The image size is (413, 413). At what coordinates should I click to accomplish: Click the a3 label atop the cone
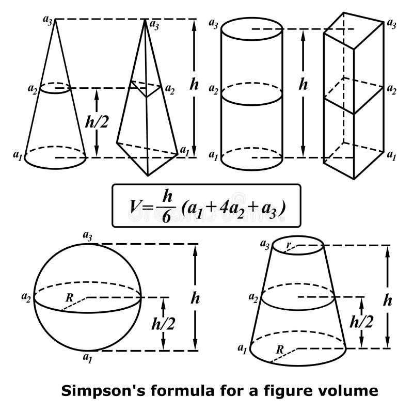(47, 20)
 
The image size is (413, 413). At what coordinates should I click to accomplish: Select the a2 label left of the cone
(33, 89)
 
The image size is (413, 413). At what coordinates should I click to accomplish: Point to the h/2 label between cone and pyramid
(97, 121)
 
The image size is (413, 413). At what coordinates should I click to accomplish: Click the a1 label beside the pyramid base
(184, 150)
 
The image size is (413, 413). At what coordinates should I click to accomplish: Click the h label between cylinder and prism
(303, 85)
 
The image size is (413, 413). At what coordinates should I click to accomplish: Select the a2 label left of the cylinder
(213, 89)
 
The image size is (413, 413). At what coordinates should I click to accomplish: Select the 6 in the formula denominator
(166, 217)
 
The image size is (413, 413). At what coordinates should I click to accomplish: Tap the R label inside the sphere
(69, 297)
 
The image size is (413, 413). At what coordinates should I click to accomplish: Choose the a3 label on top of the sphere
(88, 235)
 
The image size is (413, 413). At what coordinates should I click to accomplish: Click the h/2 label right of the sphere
(162, 323)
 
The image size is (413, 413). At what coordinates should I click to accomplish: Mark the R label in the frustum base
(279, 348)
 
